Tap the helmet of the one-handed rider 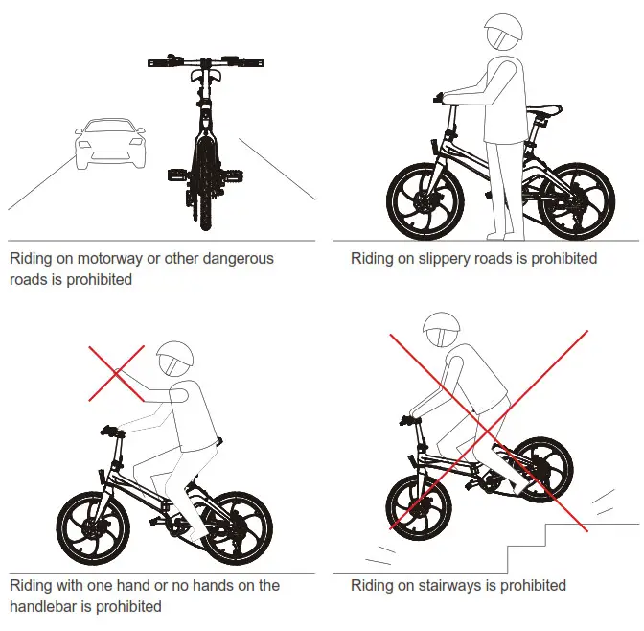click(x=174, y=360)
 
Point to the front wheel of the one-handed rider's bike click(x=93, y=528)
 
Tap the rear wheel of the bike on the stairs click(x=535, y=469)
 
